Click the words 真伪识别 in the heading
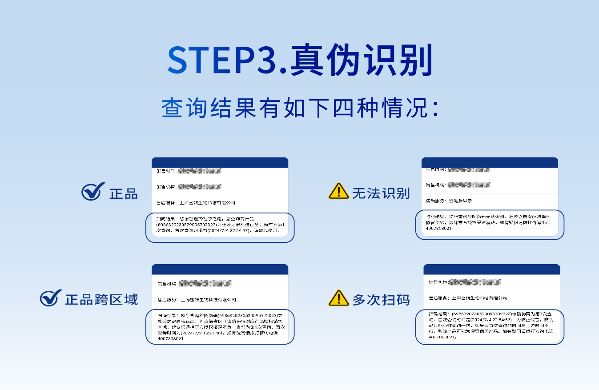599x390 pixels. pyautogui.click(x=361, y=60)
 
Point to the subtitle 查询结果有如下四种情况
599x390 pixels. pyautogui.click(x=300, y=109)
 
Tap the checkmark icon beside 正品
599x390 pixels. pyautogui.click(x=92, y=192)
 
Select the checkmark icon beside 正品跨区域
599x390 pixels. pyautogui.click(x=51, y=298)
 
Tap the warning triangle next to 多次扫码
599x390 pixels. pyautogui.click(x=338, y=298)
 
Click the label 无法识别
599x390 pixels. pyautogui.click(x=381, y=193)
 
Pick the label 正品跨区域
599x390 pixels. pyautogui.click(x=101, y=300)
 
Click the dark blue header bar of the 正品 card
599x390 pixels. pyautogui.click(x=220, y=162)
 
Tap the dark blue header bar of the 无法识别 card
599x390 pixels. pyautogui.click(x=490, y=162)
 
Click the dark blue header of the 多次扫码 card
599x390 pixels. pyautogui.click(x=491, y=269)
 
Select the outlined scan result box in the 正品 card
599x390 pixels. pyautogui.click(x=220, y=228)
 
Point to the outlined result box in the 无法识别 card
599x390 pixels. pyautogui.click(x=490, y=224)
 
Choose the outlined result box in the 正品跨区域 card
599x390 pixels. pyautogui.click(x=220, y=326)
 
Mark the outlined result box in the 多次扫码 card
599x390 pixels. pyautogui.click(x=490, y=327)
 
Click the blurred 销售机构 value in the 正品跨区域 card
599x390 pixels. pyautogui.click(x=205, y=283)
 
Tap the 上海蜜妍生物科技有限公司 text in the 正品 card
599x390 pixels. pyautogui.click(x=207, y=203)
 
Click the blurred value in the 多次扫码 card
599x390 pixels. pyautogui.click(x=475, y=282)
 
